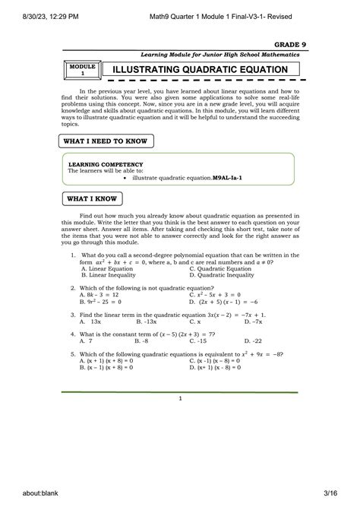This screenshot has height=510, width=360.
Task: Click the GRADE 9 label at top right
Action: pyautogui.click(x=280, y=45)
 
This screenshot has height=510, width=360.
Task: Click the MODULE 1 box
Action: pyautogui.click(x=83, y=70)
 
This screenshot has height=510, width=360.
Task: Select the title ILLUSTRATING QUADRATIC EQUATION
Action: pyautogui.click(x=200, y=70)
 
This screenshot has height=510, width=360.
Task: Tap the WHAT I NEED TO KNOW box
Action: pyautogui.click(x=107, y=141)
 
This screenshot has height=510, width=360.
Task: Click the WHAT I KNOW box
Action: pyautogui.click(x=93, y=199)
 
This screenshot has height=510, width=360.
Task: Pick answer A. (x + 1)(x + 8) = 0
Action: pyautogui.click(x=106, y=360)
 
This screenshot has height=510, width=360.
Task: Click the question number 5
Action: pyautogui.click(x=72, y=353)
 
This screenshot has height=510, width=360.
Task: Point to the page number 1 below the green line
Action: pyautogui.click(x=180, y=398)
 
